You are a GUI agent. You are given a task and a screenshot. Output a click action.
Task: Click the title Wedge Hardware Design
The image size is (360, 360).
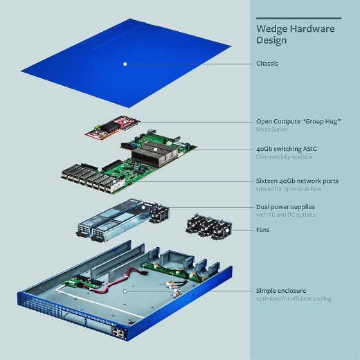coord(296,35)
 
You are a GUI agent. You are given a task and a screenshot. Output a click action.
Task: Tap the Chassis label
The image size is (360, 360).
coord(267,64)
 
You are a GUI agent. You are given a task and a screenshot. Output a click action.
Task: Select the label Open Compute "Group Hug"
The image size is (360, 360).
coord(298,121)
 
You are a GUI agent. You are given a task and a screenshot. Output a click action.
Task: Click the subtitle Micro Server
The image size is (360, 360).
coord(272,129)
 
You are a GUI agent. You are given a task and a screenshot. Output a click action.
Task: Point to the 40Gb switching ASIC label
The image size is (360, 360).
coord(287,149)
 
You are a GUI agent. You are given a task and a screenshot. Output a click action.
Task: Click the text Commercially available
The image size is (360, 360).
coord(285,156)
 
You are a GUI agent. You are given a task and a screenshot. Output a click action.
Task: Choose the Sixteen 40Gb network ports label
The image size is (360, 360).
coord(297,181)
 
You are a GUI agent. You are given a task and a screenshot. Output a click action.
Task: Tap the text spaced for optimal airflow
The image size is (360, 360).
coord(289,189)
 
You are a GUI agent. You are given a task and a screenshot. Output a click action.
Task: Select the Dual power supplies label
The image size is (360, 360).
coord(285,207)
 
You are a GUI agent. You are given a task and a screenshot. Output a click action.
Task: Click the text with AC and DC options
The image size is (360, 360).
coord(285,215)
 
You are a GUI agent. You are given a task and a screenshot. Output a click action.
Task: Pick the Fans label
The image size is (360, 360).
coord(263,230)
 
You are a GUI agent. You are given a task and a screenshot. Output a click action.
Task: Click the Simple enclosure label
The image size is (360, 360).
coord(281,291)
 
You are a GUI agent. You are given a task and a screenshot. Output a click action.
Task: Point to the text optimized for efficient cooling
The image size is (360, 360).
coord(294,298)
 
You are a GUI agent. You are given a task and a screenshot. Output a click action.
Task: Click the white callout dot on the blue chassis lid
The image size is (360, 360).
coord(125,64)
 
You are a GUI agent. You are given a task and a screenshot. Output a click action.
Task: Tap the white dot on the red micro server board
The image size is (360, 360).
coord(125,121)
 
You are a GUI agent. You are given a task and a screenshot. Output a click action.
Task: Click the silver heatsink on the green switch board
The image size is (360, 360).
coord(155,154)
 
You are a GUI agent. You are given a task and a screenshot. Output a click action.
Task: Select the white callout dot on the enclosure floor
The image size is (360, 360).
coord(125,291)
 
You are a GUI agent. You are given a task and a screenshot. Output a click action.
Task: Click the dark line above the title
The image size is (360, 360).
coord(299,18)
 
